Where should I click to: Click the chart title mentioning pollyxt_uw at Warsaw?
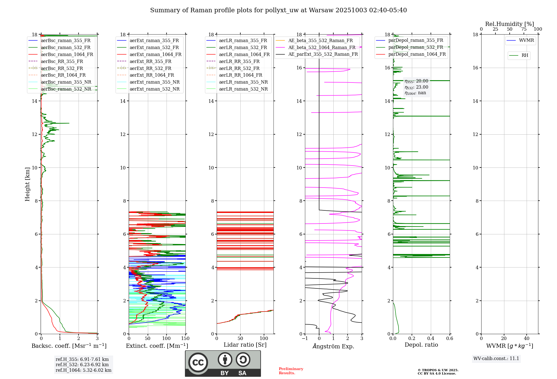(278, 10)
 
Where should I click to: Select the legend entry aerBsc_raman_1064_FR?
(67, 54)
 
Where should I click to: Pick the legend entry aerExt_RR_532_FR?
(150, 68)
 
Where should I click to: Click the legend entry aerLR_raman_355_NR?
(243, 82)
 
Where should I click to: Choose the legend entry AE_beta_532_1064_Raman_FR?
(322, 47)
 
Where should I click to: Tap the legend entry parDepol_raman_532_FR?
(416, 47)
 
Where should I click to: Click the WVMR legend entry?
(526, 40)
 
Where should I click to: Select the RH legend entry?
(525, 55)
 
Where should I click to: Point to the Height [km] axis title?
(27, 184)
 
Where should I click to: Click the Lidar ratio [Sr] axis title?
(245, 345)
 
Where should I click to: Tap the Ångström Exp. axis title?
(333, 346)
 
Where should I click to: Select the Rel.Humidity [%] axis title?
(509, 24)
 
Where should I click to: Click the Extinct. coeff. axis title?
(157, 346)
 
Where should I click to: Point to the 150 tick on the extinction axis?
(185, 338)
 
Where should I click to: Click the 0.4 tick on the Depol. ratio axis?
(431, 338)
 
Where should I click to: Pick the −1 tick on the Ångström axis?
(305, 338)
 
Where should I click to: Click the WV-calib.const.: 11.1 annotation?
(496, 358)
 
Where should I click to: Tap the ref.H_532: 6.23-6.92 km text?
(82, 365)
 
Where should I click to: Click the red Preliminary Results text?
(291, 371)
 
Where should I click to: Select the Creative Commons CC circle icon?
(198, 363)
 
